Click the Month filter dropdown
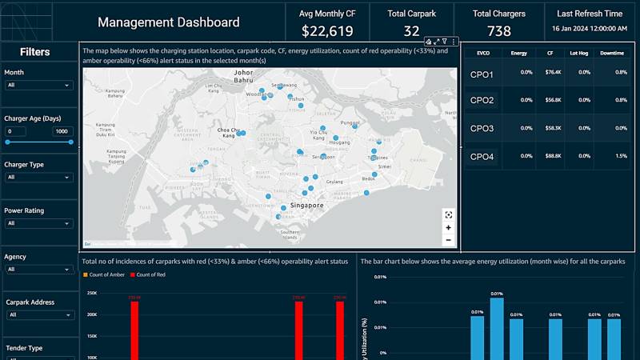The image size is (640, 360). coord(38,85)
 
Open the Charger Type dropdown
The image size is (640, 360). coord(38,177)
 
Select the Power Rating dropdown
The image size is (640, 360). coord(38,223)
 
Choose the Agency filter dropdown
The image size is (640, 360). coord(38,270)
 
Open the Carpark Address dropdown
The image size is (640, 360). coord(38,315)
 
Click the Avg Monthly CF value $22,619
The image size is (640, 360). coord(327,31)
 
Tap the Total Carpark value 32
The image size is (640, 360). coord(411,31)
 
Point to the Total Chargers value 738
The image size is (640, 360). coord(498,31)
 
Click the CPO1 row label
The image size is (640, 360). coord(482,75)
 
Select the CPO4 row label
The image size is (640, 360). coord(482,157)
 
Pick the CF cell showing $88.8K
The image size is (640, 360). coord(552,156)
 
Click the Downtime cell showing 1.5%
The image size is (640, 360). coord(622,156)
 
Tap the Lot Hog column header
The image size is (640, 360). coord(578,53)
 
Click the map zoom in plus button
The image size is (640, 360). coord(448,228)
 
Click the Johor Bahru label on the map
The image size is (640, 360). coord(243,77)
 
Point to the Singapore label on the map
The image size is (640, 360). coord(306,206)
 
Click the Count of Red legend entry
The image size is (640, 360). coord(150,275)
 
